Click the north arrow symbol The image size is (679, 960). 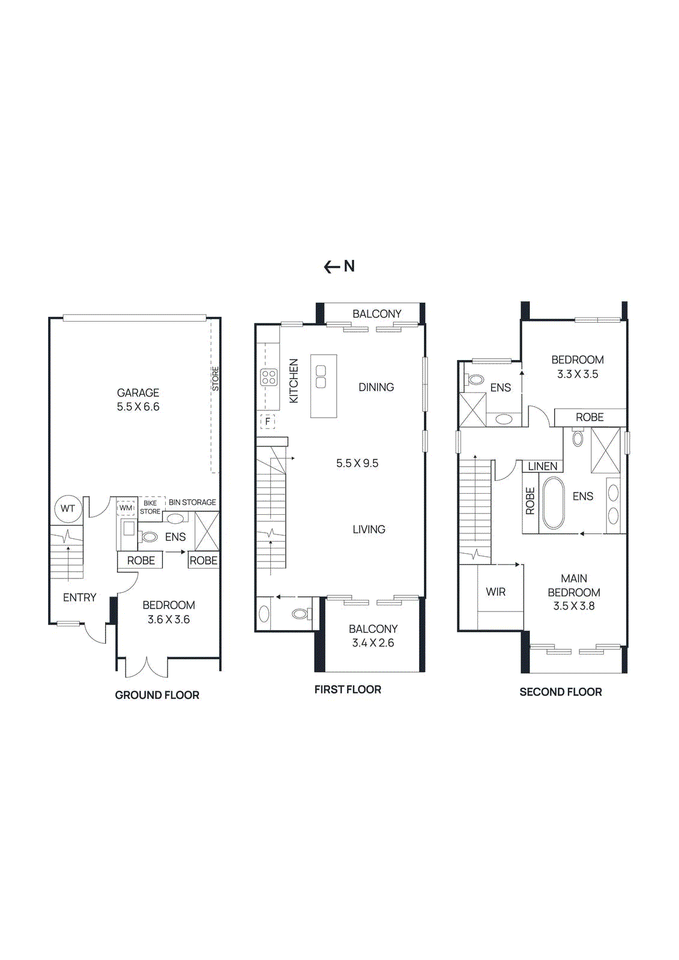coord(339,266)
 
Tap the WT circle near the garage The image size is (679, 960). coord(68,509)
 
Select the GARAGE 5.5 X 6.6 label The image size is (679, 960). coord(138,400)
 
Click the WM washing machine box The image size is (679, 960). coord(126,508)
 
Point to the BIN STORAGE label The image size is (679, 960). coord(192,502)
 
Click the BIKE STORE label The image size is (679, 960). coord(150,508)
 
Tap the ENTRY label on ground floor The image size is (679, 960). coord(80,598)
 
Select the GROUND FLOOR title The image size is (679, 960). coord(157,695)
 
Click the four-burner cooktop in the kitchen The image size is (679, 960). coord(268,377)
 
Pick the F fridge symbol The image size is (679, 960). coord(268,421)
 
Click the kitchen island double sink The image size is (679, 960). coord(321,377)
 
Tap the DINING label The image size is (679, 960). coord(376,387)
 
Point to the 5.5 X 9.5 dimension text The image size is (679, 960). coord(357,463)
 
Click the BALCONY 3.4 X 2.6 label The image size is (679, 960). coord(373,636)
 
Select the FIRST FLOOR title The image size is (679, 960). coord(348,689)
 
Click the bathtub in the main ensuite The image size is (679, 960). coord(554,503)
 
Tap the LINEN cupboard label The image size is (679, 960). coord(543,466)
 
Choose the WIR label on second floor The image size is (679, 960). coord(496,592)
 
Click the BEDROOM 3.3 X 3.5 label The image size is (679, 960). coord(578,367)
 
